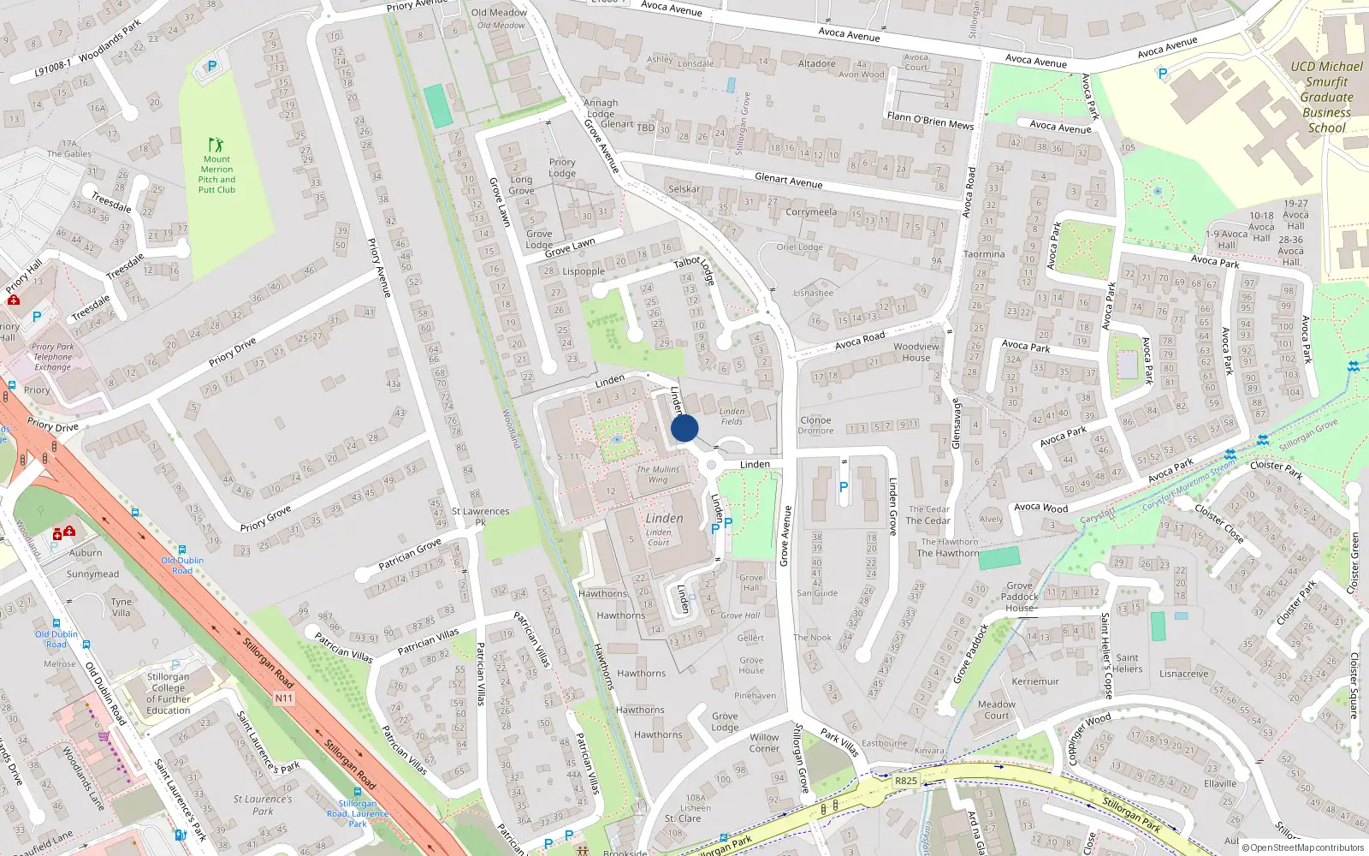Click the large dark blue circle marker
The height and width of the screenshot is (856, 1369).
[x=684, y=428]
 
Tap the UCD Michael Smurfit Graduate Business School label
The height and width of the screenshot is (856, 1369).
[x=1326, y=97]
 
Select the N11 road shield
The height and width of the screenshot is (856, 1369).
[x=284, y=698]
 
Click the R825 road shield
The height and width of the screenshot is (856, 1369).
[x=905, y=781]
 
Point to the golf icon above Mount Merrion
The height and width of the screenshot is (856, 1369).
[x=216, y=145]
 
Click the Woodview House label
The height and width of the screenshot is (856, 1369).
[x=916, y=352]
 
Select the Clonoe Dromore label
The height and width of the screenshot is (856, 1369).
[x=815, y=425]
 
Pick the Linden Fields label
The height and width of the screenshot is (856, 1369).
[x=732, y=416]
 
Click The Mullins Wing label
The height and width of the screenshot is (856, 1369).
[x=658, y=474]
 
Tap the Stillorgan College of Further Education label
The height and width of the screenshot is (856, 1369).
[x=169, y=693]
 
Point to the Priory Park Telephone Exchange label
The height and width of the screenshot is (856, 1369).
[x=53, y=357]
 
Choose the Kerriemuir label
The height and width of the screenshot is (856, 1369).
[x=1035, y=682]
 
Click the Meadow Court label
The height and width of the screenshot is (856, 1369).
[x=997, y=710]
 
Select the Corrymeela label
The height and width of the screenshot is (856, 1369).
[x=811, y=211]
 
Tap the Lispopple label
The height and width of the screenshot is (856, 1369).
[x=584, y=271]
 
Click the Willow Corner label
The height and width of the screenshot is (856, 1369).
[x=764, y=743]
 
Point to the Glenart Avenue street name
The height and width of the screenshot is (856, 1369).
[x=788, y=181]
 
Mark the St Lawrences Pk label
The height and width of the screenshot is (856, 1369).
[x=481, y=516]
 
